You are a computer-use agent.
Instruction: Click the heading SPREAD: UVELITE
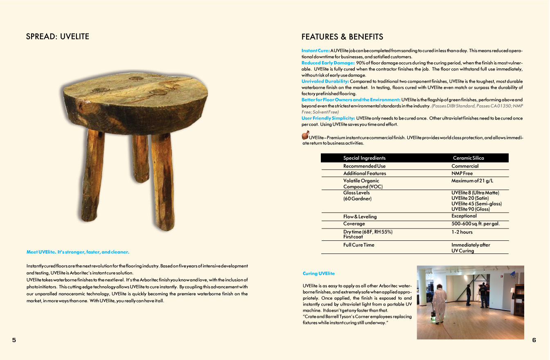tap(57, 36)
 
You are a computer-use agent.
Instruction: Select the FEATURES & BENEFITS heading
tap(342, 37)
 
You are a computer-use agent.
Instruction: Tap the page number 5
tap(14, 340)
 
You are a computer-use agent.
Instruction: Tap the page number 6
tap(534, 340)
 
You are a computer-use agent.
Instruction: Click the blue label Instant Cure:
tap(316, 50)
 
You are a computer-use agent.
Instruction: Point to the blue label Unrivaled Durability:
tap(325, 81)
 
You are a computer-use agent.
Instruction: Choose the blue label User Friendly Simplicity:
tap(328, 118)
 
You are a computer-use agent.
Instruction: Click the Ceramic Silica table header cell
tap(468, 158)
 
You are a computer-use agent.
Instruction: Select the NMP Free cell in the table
tap(462, 173)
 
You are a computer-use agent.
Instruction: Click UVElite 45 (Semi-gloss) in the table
tap(476, 204)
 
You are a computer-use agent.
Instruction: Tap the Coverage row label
tap(354, 224)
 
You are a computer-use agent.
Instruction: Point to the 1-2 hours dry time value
tap(462, 232)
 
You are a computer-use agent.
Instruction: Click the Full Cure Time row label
tap(358, 245)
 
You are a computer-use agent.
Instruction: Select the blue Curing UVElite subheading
tap(318, 273)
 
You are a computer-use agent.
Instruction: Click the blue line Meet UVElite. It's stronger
tap(78, 252)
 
